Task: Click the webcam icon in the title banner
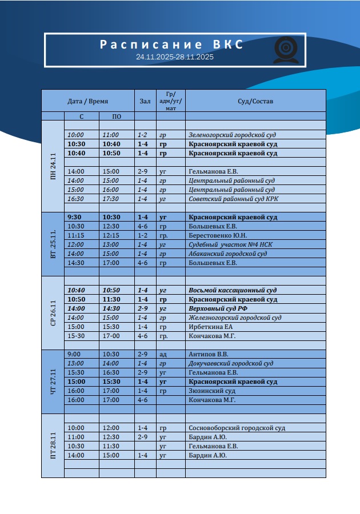[x=285, y=50]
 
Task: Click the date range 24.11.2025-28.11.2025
[x=175, y=57]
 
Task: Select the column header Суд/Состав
[x=255, y=101]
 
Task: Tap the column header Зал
[x=145, y=101]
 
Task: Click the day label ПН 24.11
[x=53, y=167]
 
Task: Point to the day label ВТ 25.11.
[x=53, y=244]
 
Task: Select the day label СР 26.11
[x=53, y=313]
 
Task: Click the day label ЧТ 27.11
[x=53, y=382]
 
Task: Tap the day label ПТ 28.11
[x=53, y=445]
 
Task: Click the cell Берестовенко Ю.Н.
[x=219, y=235]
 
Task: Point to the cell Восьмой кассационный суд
[x=233, y=290]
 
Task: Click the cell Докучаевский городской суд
[x=230, y=363]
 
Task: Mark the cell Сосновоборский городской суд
[x=237, y=428]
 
